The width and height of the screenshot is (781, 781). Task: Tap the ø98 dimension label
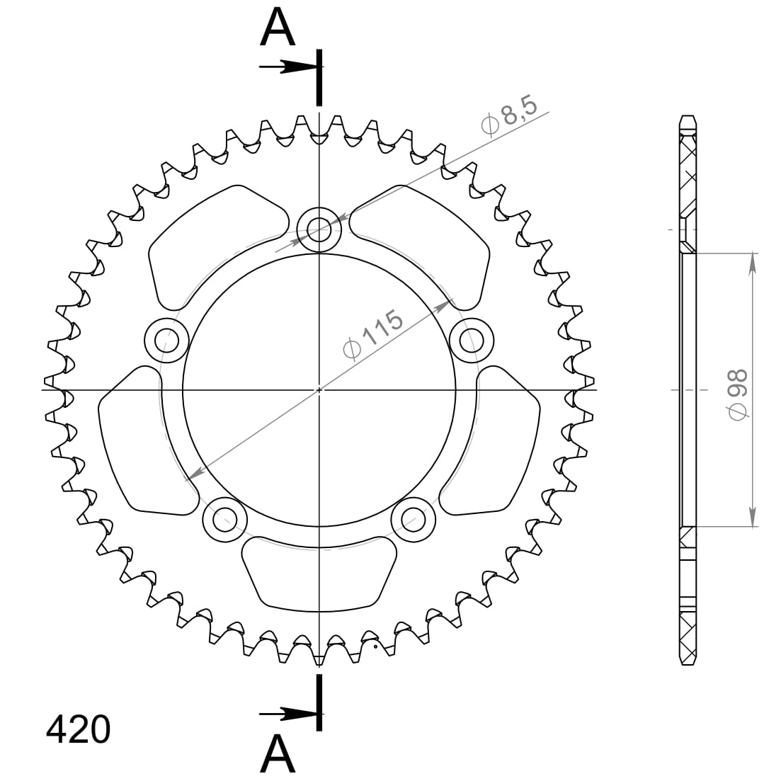click(738, 394)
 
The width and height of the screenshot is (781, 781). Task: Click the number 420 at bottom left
click(78, 730)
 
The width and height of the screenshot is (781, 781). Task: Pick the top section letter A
click(278, 28)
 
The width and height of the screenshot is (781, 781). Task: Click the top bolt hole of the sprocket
click(319, 230)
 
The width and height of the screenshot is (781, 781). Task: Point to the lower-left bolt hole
click(224, 520)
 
